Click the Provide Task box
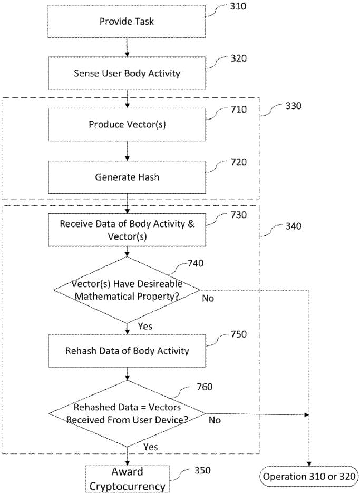point(127,22)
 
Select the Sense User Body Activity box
point(127,73)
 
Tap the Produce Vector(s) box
point(127,124)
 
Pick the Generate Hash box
point(127,177)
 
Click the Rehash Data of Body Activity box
point(127,351)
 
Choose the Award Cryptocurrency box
point(127,479)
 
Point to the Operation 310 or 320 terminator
point(309,476)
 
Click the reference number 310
point(238,6)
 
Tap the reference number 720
point(238,162)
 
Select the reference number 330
point(293,106)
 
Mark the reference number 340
point(293,226)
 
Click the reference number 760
point(205,387)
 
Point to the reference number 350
point(202,470)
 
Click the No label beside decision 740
point(208,298)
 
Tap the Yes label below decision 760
point(151,447)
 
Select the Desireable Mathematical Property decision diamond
point(127,290)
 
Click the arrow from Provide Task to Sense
point(127,47)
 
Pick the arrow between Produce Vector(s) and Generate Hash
point(127,151)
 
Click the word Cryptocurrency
point(127,486)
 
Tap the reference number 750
point(238,334)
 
